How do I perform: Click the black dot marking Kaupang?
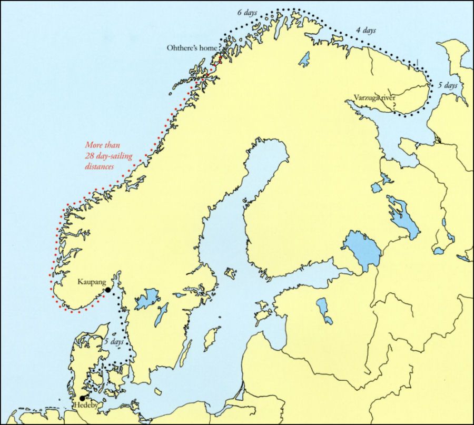click(x=107, y=290)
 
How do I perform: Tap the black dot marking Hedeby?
click(x=82, y=398)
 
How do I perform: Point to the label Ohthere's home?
click(x=192, y=48)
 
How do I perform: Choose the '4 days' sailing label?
click(x=366, y=31)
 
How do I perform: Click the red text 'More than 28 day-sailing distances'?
click(x=105, y=155)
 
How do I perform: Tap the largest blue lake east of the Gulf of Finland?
click(x=362, y=250)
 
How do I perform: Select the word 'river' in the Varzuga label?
click(x=387, y=97)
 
